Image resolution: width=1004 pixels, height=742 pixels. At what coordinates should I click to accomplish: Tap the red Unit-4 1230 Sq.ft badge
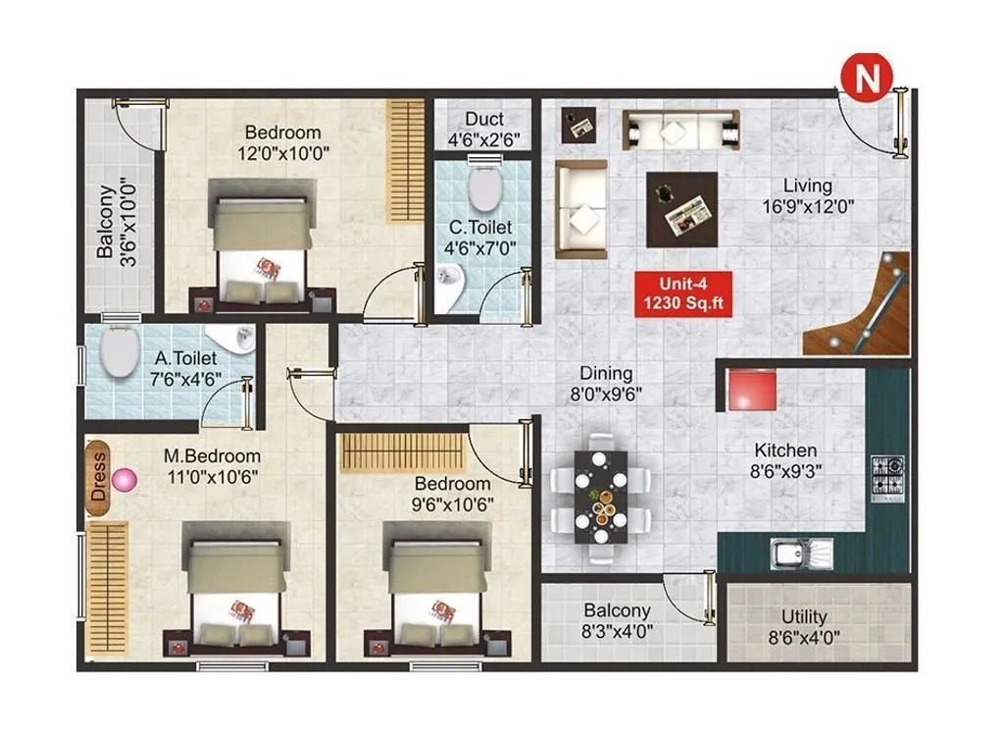682,293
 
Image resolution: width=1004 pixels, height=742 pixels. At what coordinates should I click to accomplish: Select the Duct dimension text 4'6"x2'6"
484,138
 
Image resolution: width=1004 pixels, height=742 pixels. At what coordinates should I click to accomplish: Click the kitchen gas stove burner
887,475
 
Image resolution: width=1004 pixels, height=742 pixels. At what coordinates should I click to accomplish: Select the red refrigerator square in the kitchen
752,390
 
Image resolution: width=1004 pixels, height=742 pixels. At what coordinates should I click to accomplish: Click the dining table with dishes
600,498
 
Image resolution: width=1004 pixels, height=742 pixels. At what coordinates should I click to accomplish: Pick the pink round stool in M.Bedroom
125,480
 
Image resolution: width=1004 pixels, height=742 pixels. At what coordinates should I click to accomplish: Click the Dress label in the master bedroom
98,478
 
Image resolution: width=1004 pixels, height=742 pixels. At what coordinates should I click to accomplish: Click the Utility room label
804,616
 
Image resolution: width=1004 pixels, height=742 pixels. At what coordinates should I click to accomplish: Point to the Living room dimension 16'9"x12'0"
807,207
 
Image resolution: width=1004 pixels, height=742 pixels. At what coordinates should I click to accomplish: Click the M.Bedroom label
212,456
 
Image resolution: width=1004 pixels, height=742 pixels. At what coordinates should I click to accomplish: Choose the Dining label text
605,374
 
